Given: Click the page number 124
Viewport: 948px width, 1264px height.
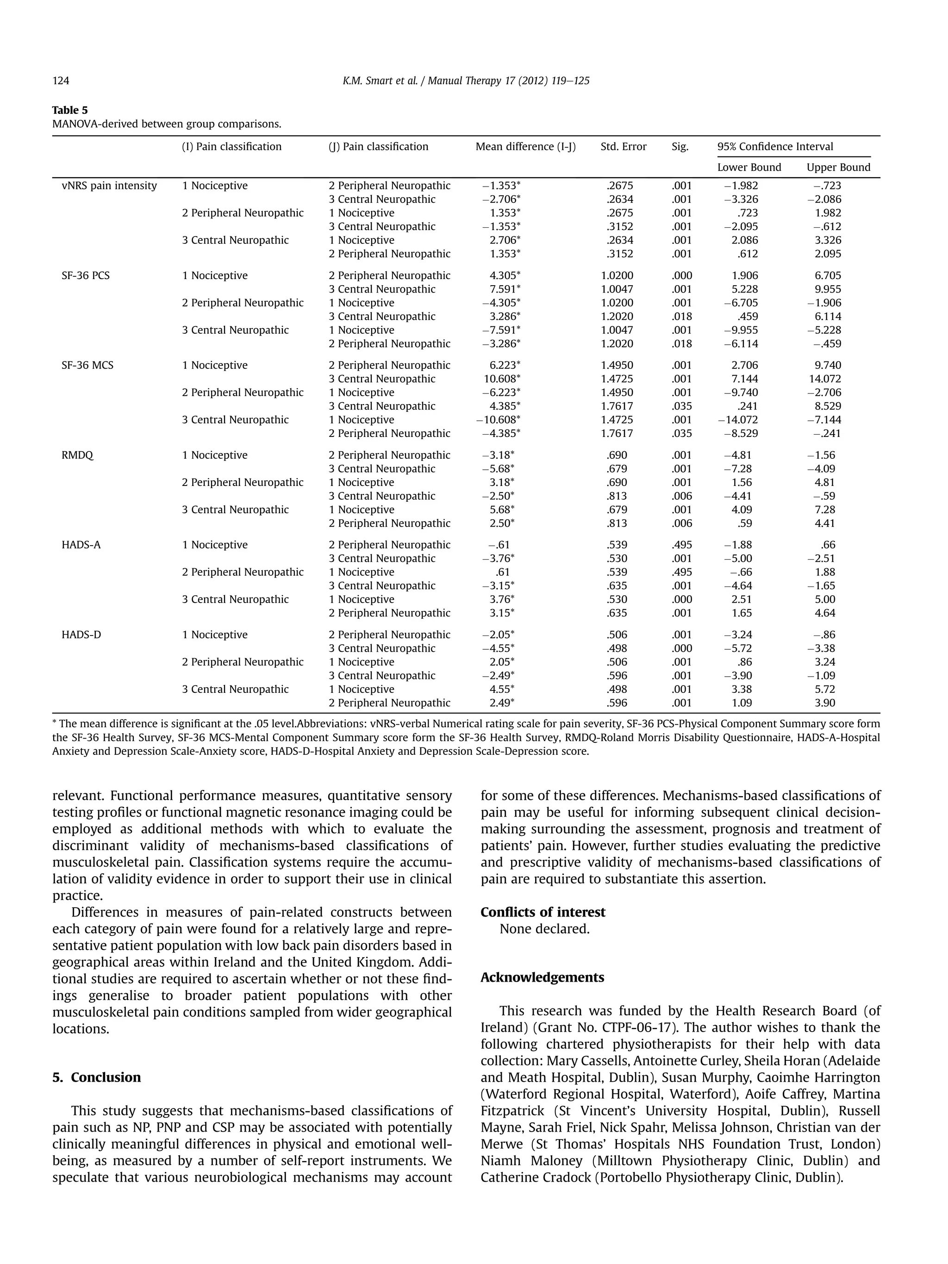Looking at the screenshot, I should pos(61,81).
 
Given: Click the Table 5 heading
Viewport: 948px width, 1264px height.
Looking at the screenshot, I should pos(70,110).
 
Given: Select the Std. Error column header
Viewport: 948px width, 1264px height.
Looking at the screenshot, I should pos(623,147).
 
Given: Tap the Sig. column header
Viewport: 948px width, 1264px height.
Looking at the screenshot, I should pos(680,147).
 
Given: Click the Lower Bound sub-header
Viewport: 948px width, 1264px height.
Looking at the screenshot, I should pos(748,168).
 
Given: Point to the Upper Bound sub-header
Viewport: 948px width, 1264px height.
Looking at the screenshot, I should pos(838,168).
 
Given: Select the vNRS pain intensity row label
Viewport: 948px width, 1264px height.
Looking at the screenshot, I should pos(109,186).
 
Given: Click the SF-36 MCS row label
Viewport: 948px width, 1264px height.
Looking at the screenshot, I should pos(87,365).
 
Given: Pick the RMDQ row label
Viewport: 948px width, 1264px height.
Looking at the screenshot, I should pos(77,455).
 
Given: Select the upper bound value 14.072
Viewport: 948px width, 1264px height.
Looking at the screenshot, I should pos(824,379).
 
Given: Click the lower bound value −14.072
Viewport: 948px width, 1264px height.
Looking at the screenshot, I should pos(738,420).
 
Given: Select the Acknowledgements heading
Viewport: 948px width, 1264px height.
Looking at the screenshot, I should pos(542,977).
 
